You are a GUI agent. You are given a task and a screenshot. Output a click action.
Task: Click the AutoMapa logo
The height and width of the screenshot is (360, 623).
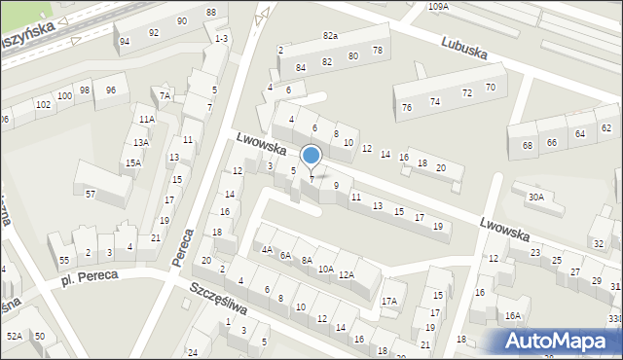click(561, 341)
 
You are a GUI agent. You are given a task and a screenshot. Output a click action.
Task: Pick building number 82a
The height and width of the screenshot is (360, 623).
click(331, 36)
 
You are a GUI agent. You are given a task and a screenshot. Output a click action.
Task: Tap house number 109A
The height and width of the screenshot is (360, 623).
click(438, 6)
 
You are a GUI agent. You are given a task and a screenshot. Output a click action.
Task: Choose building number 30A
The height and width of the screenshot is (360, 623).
click(535, 197)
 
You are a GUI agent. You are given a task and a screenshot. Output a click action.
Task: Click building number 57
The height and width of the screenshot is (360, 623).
click(90, 195)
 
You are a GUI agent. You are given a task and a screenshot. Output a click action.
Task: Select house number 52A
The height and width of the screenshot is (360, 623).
click(15, 336)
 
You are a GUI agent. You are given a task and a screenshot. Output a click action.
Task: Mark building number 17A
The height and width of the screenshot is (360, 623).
click(389, 301)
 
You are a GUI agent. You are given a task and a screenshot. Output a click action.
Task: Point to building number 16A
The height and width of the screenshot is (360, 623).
click(512, 315)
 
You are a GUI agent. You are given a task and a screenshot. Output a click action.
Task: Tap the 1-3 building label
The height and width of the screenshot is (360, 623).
click(222, 38)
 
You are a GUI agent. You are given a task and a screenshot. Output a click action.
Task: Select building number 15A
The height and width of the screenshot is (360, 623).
click(132, 163)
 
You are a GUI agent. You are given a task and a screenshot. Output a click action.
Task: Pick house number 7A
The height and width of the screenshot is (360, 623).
click(165, 95)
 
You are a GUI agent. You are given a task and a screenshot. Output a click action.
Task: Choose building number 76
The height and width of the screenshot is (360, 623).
click(407, 107)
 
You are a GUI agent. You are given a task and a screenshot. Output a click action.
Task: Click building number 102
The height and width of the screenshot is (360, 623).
click(43, 104)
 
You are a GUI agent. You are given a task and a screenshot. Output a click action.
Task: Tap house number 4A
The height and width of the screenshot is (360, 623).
click(267, 249)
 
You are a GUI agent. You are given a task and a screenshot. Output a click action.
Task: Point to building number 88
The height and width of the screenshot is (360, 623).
click(211, 12)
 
